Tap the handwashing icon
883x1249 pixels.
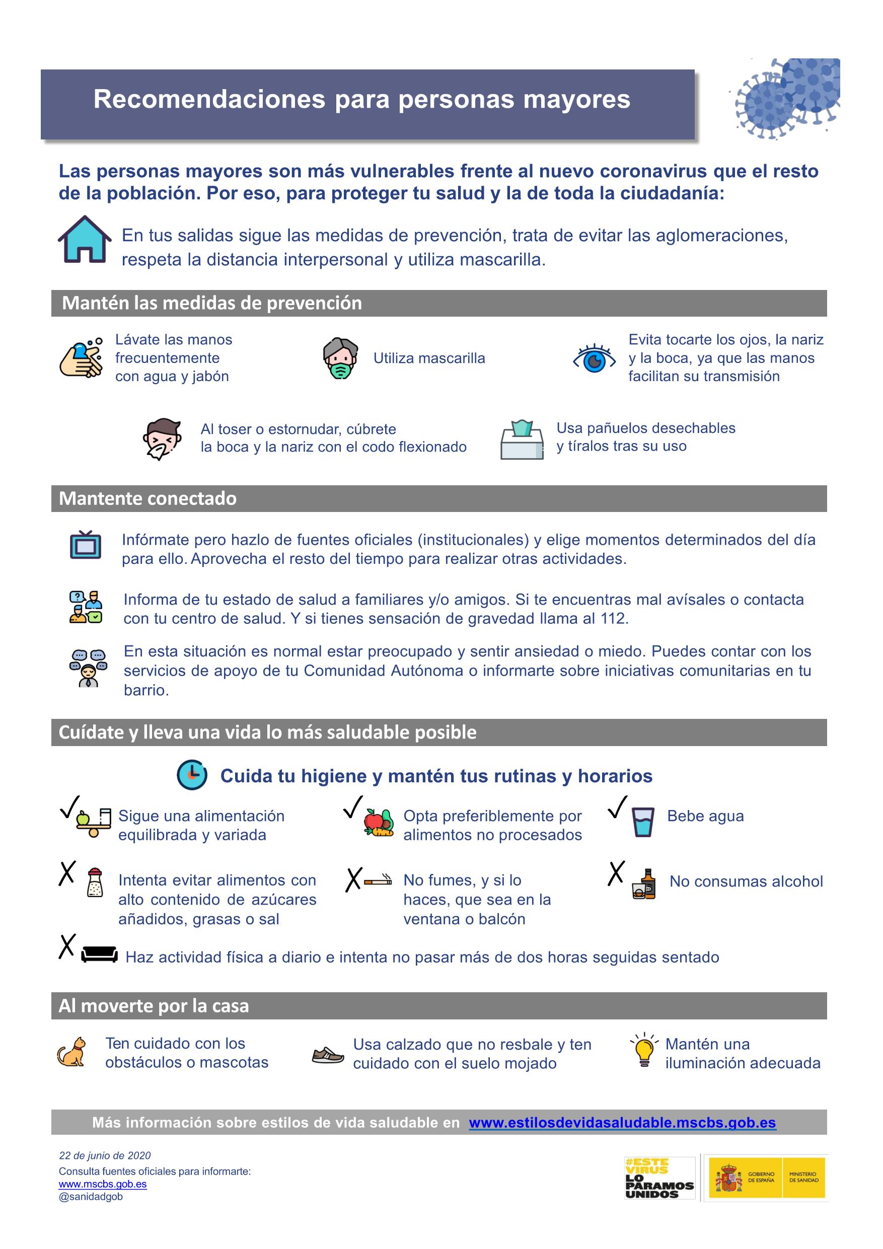(81, 357)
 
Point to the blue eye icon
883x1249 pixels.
(594, 359)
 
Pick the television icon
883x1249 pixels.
(86, 545)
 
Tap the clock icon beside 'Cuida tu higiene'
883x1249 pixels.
(192, 775)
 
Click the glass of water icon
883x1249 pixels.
(642, 821)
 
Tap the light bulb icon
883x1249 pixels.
(644, 1050)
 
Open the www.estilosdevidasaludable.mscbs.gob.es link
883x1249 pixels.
(622, 1122)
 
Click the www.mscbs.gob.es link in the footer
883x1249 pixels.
(103, 1184)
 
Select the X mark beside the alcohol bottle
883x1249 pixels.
(616, 873)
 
